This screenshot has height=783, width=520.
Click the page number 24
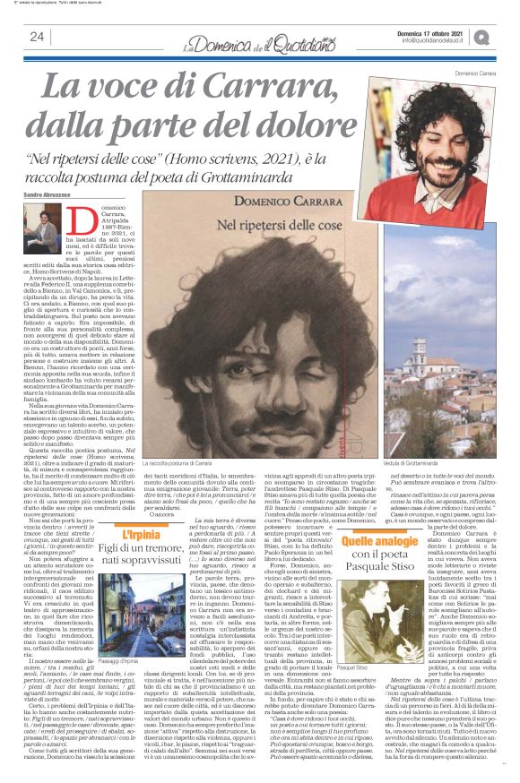tap(37, 37)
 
